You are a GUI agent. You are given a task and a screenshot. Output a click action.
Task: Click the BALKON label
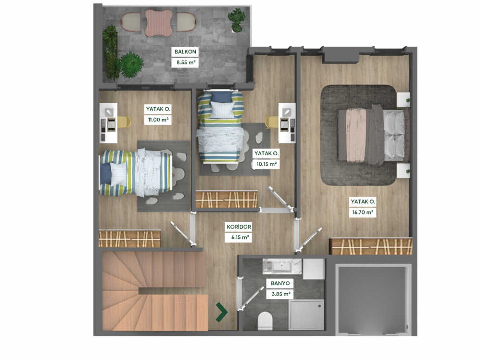pos(185,51)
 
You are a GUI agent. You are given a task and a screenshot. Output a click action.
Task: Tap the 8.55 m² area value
pos(186,62)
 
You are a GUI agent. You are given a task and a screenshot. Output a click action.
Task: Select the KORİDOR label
pos(239,227)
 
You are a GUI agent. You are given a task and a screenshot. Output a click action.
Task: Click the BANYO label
pos(280,284)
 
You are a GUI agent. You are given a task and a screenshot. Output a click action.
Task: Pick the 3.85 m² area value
pos(281,294)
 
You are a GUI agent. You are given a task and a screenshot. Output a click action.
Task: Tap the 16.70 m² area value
pos(363,212)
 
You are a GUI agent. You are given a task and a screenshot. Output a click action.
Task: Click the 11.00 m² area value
pos(158,120)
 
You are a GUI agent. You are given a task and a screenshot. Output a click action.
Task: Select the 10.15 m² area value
pos(266,164)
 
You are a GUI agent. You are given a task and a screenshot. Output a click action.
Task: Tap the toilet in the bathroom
pos(266,321)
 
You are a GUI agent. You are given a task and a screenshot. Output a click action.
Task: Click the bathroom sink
pos(281,266)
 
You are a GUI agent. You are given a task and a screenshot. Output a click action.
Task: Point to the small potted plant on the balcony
pos(237,20)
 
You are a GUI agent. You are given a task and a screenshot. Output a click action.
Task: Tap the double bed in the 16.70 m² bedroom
pos(374,135)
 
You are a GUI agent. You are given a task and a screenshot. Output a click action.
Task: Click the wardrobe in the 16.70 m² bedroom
pos(370,246)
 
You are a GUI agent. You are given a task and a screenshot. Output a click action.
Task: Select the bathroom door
pos(252,298)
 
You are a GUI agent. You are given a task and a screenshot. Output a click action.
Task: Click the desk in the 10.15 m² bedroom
pos(287,123)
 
